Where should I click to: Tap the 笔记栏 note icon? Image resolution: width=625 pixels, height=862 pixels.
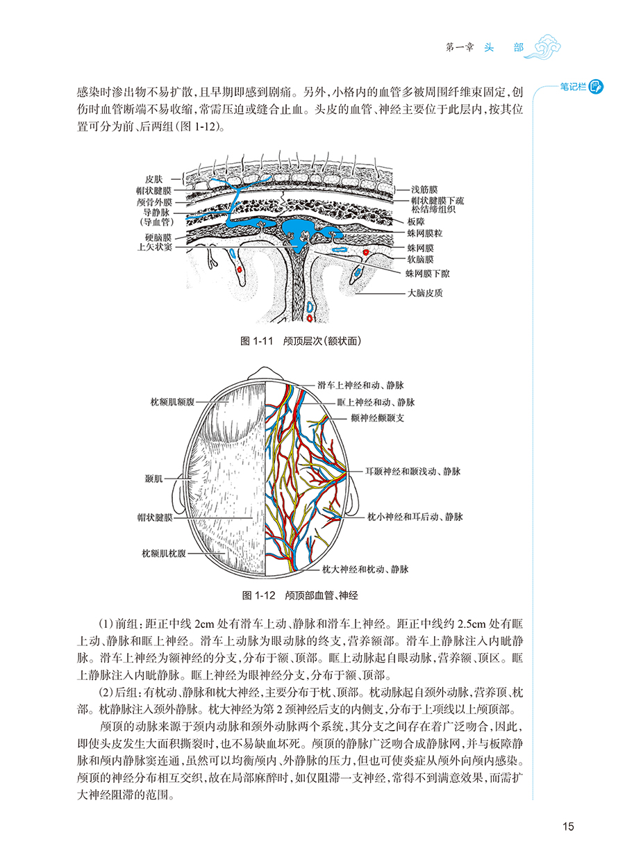coord(596,87)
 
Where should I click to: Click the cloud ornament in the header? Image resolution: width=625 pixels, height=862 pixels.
coord(544,47)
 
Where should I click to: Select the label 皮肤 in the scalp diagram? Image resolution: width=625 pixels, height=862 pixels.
coord(153,179)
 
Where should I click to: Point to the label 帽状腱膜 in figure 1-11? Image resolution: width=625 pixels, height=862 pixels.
coord(153,190)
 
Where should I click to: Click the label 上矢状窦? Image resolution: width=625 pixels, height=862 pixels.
coord(155,247)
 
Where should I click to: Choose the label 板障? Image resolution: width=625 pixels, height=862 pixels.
coord(416,222)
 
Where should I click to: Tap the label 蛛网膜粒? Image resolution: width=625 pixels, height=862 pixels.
coord(425,233)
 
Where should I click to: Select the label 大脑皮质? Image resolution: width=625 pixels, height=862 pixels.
coord(425,293)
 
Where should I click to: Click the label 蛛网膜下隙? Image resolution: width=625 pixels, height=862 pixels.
coord(427,274)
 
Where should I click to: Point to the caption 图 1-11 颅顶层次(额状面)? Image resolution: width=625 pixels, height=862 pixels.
coord(301,341)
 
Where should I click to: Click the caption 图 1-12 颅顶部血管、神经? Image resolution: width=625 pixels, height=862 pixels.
coord(300,595)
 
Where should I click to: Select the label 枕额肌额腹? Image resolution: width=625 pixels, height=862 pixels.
coord(172,402)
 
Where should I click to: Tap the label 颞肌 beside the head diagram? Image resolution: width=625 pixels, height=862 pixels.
coord(154,479)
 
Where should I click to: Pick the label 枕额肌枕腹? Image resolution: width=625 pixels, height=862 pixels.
coord(164,554)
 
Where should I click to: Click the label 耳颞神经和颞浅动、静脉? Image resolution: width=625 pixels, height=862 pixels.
coord(413,472)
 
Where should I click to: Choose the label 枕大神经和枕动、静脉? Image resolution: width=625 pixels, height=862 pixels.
coord(365,569)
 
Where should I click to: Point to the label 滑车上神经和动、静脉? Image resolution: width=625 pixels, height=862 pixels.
coord(360,386)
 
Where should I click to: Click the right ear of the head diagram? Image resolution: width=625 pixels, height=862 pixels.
coord(353,497)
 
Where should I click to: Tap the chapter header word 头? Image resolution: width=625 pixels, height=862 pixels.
coord(489,48)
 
